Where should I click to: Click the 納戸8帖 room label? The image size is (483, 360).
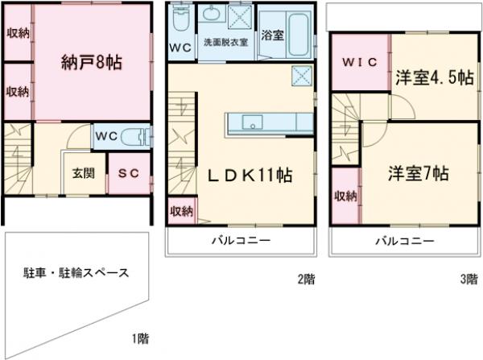92,62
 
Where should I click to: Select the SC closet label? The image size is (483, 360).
126,172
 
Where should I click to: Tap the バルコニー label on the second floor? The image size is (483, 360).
241,241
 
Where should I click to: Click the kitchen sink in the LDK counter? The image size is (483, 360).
250,123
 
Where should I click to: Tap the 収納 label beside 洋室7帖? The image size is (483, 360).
345,197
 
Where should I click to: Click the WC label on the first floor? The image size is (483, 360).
107,135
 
